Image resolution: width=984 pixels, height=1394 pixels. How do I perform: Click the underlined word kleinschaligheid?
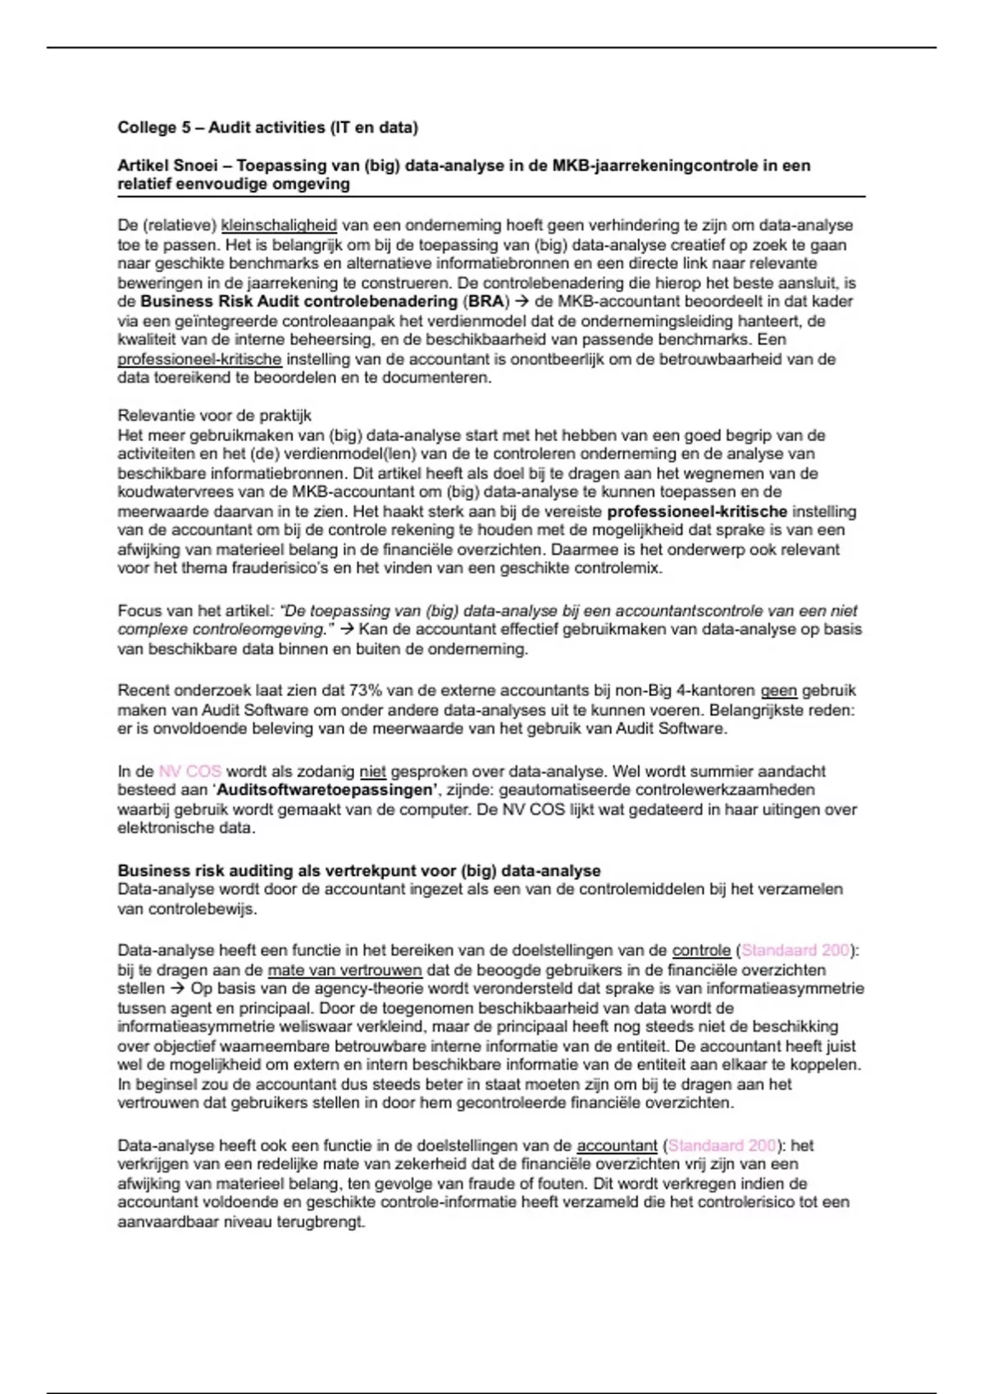279,225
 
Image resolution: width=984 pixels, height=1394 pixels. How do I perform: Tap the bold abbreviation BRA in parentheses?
486,301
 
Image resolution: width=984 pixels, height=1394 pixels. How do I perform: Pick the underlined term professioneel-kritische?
199,359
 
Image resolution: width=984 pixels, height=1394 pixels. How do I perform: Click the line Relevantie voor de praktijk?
214,416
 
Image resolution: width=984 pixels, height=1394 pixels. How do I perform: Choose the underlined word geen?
778,690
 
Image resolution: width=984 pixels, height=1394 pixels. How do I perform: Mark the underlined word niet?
372,772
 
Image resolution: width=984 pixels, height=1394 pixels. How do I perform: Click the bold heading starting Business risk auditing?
358,871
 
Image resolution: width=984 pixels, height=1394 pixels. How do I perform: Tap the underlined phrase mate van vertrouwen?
344,970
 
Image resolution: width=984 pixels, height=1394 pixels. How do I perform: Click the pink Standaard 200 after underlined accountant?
722,1146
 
